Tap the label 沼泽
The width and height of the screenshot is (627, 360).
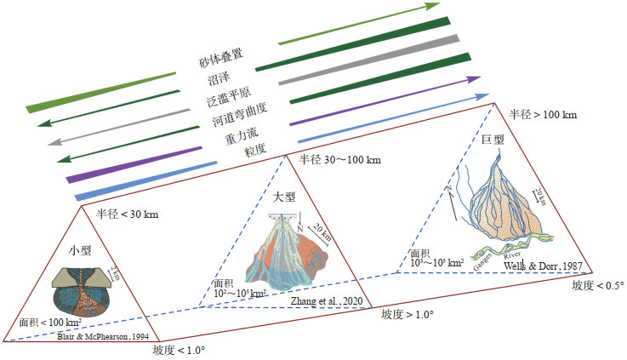(x=218, y=79)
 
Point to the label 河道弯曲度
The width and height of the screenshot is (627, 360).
(x=229, y=116)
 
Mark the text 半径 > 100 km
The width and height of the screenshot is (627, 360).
(x=542, y=113)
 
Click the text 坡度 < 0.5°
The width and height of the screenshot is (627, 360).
(x=597, y=285)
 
